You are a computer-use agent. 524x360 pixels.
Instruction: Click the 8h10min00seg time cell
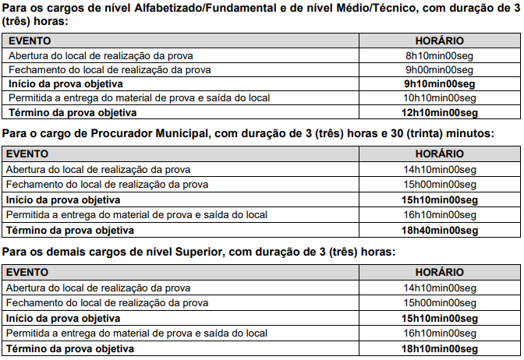439,55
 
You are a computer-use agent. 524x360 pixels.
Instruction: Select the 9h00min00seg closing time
439,69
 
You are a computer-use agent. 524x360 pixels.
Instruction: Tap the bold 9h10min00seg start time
439,83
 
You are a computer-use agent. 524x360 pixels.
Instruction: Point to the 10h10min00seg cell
439,97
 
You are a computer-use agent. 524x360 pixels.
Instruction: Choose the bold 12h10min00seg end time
439,111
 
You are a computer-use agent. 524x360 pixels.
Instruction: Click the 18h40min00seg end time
439,230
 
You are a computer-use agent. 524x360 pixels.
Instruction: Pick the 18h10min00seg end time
439,348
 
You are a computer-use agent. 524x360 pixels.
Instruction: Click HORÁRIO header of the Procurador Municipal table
440,154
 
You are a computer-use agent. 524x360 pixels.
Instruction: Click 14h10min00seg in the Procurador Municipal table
439,169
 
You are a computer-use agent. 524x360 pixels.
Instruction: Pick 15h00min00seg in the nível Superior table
439,302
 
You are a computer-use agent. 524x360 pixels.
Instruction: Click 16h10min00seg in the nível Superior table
439,333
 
